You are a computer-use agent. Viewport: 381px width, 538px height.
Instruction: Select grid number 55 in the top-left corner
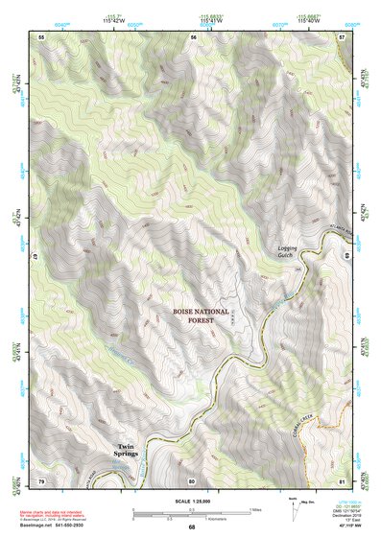pos(41,36)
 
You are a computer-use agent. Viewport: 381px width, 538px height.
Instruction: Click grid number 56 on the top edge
pos(193,36)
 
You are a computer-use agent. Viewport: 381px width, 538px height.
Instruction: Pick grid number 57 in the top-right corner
pos(342,36)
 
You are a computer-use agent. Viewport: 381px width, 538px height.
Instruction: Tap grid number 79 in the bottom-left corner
pos(41,480)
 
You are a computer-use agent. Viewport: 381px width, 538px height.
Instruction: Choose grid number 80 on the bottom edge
pos(192,480)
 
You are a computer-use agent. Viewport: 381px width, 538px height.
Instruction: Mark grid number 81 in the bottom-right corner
pos(342,480)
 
